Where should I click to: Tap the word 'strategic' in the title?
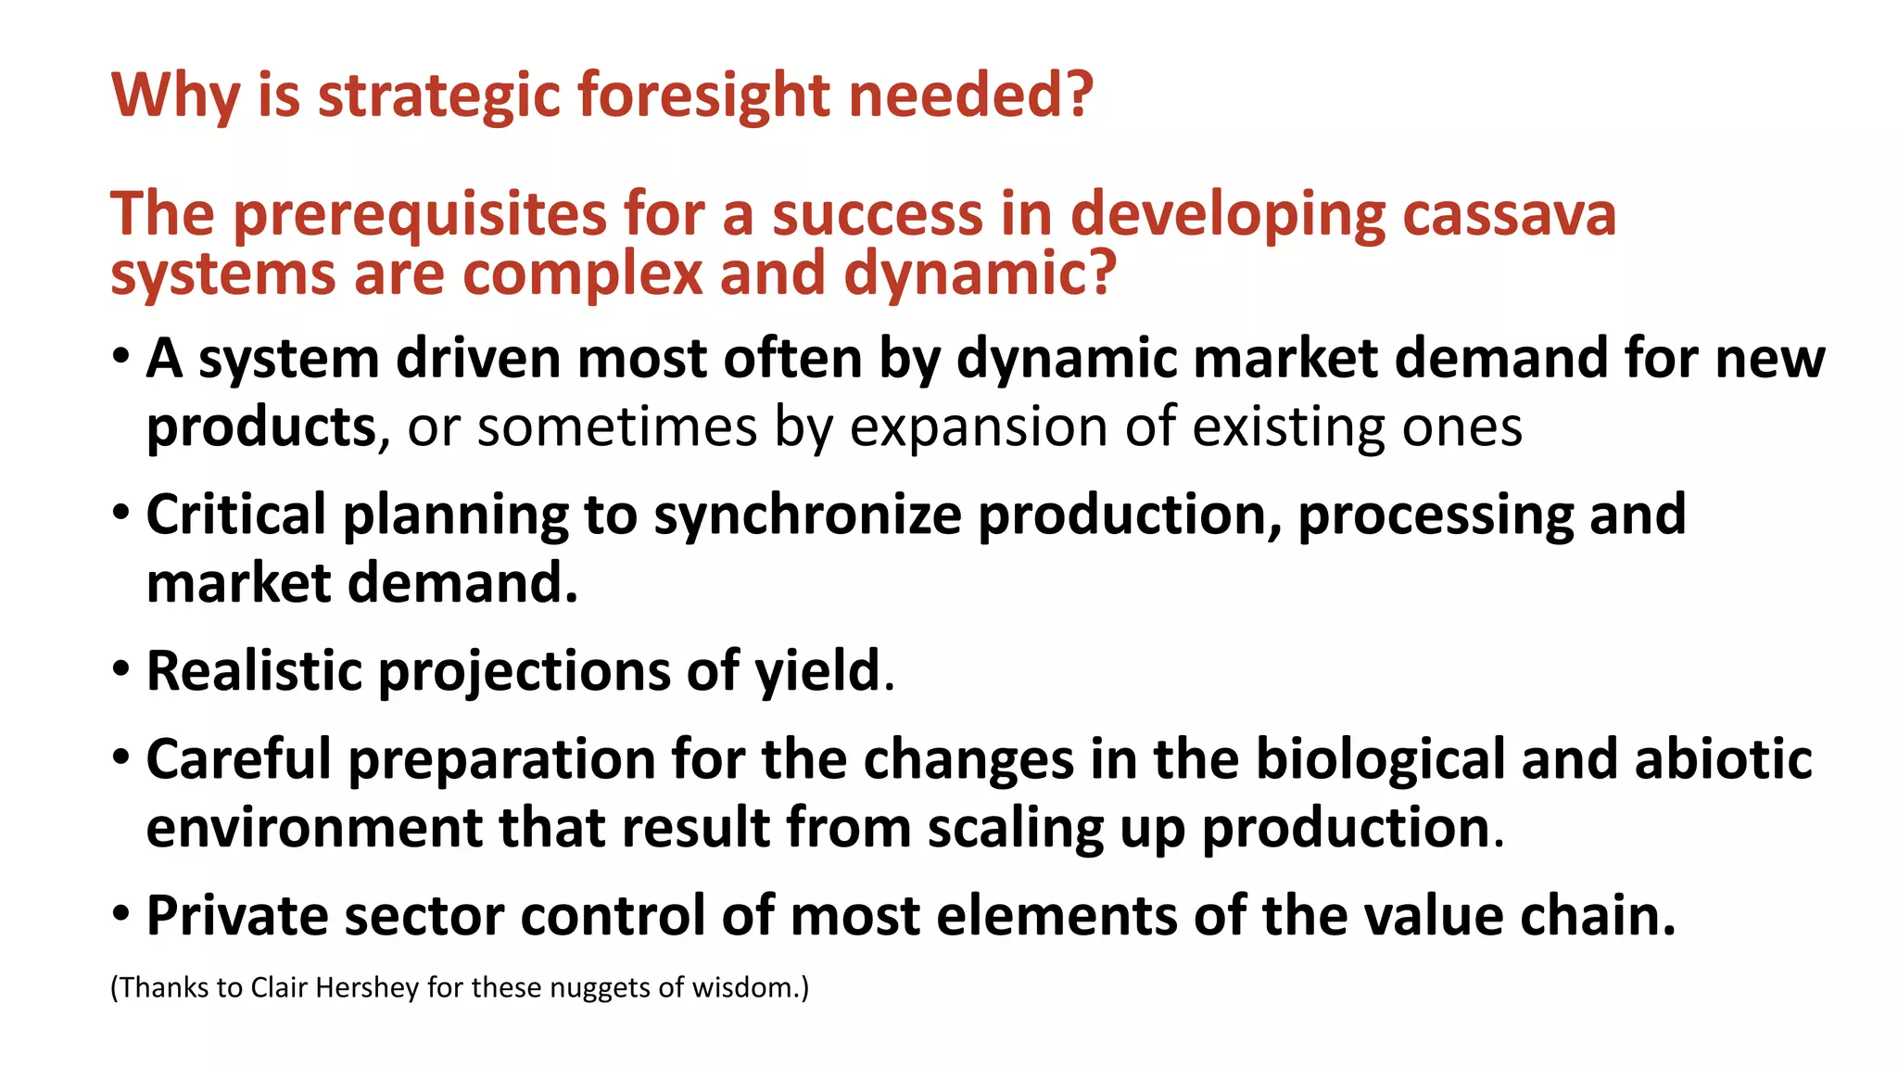[x=439, y=95]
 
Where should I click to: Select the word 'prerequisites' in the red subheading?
[x=419, y=214]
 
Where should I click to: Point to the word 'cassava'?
[x=1509, y=214]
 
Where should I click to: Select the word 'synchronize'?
[x=807, y=515]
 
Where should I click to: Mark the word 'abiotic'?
[x=1723, y=759]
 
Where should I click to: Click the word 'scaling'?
[x=1016, y=828]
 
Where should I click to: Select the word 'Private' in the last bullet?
[x=237, y=916]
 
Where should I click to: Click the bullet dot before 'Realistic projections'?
[x=120, y=669]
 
